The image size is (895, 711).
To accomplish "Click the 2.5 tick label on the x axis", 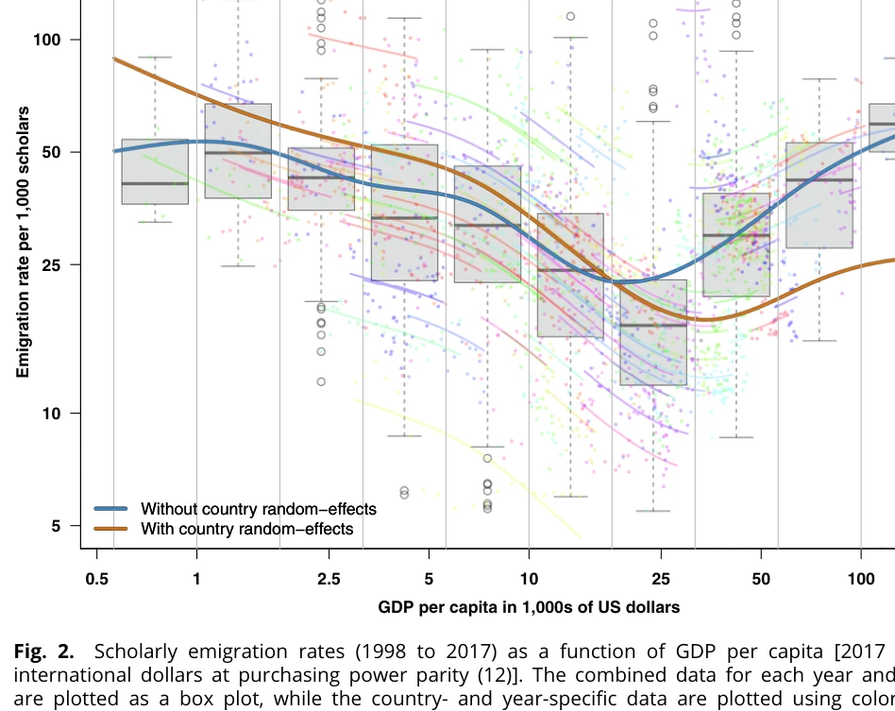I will [329, 578].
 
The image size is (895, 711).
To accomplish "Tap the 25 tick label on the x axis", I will [661, 578].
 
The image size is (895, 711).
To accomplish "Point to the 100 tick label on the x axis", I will [861, 578].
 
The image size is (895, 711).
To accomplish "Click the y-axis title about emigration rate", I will [24, 243].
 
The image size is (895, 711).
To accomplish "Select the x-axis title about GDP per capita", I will [529, 607].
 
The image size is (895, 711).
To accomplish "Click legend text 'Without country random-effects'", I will [258, 510].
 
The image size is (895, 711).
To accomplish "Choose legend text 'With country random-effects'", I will [246, 529].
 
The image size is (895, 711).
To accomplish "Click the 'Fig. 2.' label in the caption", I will [45, 652].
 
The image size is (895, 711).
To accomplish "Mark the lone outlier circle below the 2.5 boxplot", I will [321, 381].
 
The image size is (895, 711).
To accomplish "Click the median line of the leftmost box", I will [155, 183].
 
